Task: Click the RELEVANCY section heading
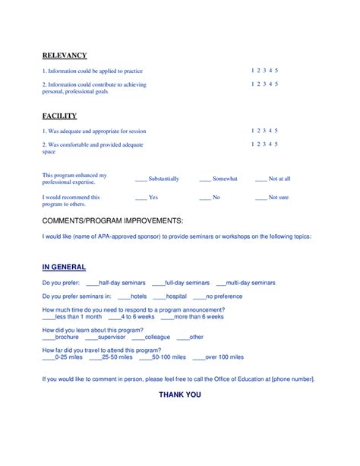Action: [65, 55]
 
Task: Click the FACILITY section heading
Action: [59, 116]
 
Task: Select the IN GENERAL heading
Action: [64, 267]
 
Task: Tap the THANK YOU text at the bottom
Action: [180, 395]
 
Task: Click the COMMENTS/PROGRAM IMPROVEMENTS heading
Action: [112, 220]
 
